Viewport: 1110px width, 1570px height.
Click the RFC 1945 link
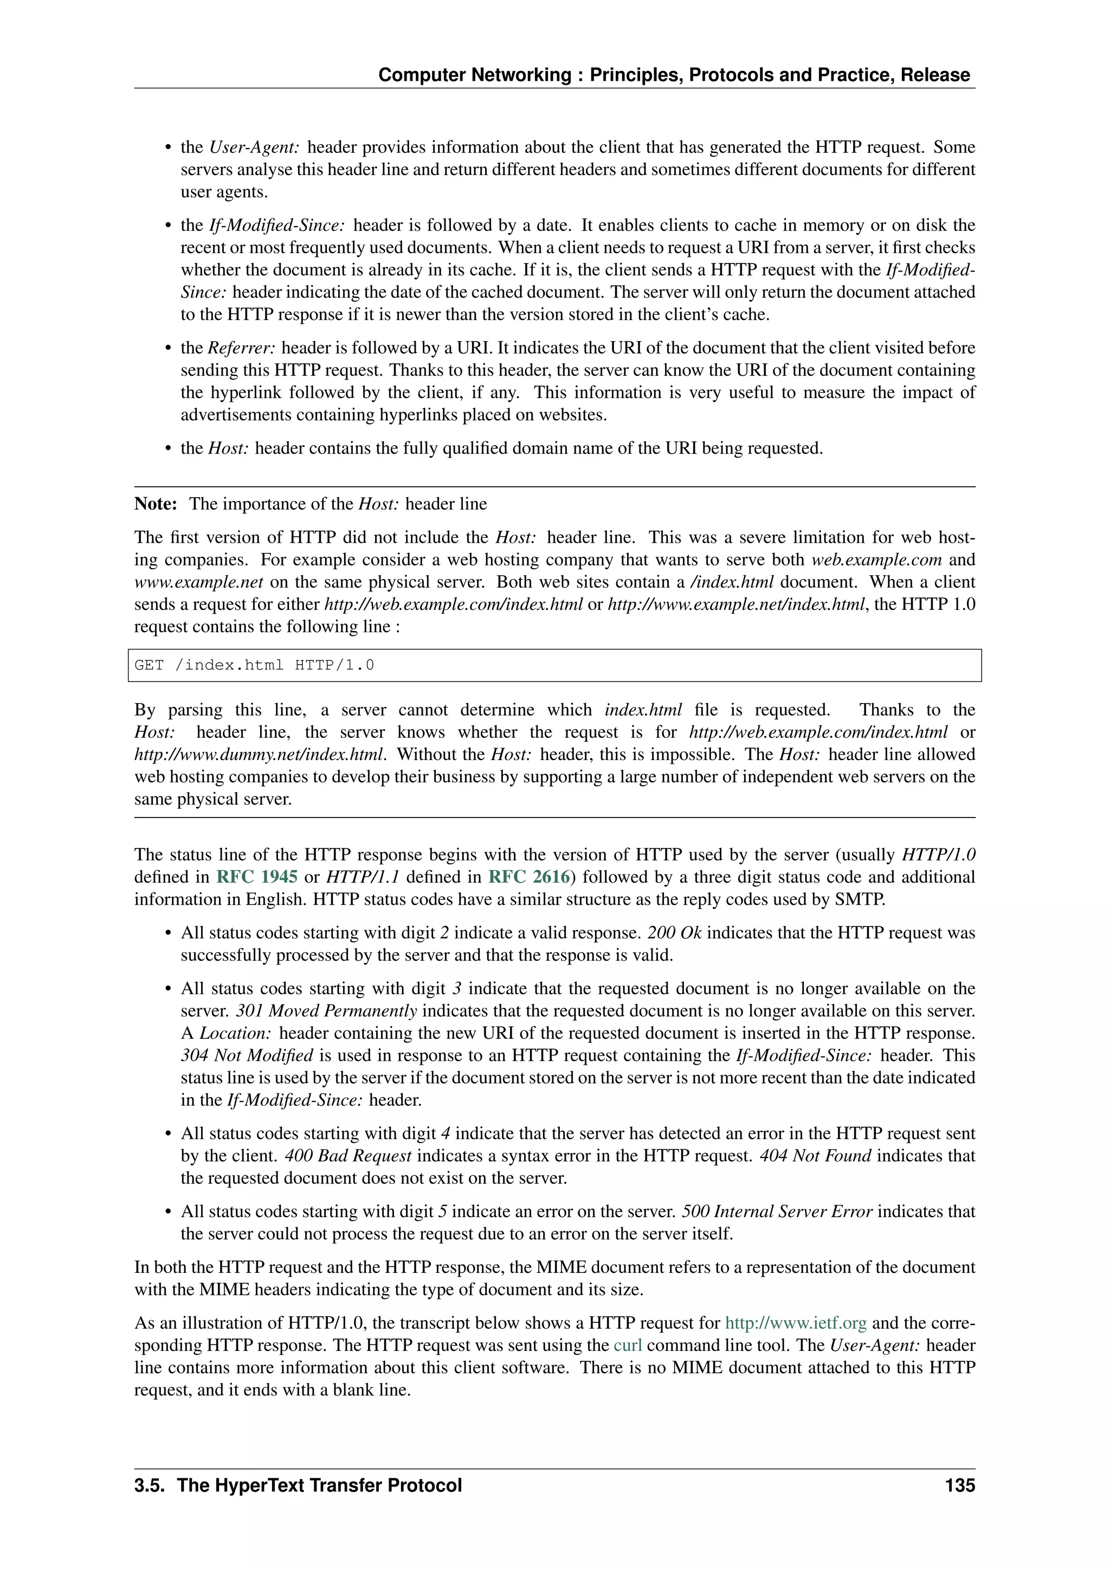pos(257,877)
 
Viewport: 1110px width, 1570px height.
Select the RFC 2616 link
pos(529,877)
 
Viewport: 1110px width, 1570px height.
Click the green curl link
pos(628,1345)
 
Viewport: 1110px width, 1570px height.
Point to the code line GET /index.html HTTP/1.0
pos(254,665)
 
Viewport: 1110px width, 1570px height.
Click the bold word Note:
pos(156,504)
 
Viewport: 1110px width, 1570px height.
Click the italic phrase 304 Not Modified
pos(247,1055)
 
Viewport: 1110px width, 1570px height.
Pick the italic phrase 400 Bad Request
pos(348,1156)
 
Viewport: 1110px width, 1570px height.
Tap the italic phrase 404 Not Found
pos(815,1156)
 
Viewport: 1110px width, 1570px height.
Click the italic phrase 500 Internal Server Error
pos(777,1211)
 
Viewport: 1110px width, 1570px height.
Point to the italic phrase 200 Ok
pos(675,932)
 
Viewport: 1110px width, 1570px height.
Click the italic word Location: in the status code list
pos(236,1033)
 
